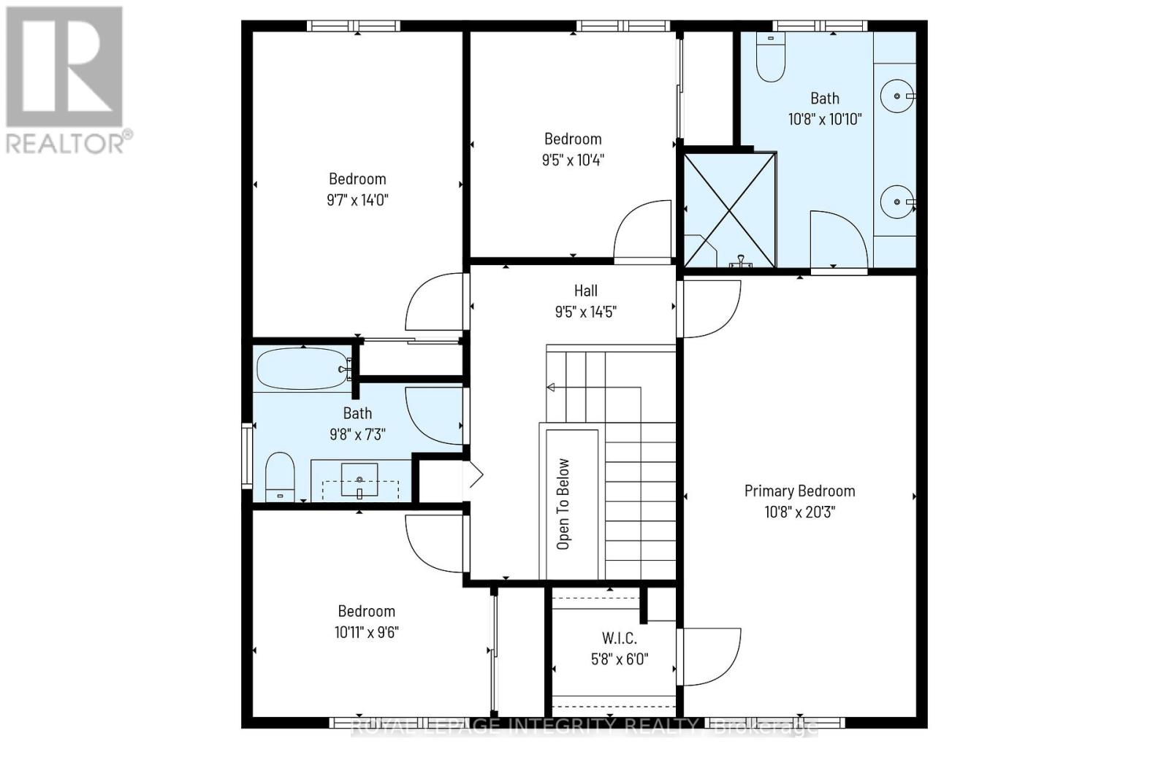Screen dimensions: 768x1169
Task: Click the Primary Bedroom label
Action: (799, 491)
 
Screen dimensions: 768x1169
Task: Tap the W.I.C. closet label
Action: (619, 638)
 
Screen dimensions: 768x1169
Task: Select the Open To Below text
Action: (563, 504)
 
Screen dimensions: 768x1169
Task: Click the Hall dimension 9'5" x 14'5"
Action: (585, 312)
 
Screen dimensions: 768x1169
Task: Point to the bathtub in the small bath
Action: (302, 369)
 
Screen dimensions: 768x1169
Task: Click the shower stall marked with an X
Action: (729, 210)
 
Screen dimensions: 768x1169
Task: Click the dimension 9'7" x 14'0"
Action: (357, 199)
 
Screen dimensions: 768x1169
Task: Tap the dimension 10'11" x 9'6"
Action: (366, 632)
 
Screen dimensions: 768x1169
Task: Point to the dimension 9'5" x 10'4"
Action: (573, 160)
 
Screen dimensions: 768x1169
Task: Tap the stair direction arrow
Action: (551, 387)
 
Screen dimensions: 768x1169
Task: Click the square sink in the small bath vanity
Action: (359, 480)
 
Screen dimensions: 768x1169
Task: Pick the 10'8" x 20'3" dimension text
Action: (799, 512)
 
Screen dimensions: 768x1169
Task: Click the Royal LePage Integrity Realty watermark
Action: (584, 726)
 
